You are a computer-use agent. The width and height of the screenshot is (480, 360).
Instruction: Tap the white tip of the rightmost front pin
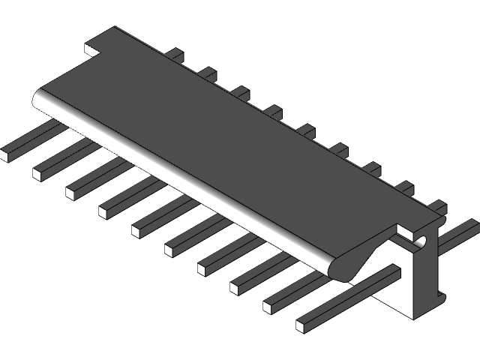pyautogui.click(x=302, y=325)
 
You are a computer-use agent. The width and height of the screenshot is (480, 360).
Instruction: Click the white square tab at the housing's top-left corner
pyautogui.click(x=92, y=50)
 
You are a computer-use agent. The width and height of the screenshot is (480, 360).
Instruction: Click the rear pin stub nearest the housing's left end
pyautogui.click(x=174, y=54)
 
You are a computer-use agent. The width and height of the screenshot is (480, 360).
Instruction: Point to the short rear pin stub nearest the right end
pyautogui.click(x=438, y=206)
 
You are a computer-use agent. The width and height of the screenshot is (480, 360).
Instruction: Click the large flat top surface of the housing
pyautogui.click(x=225, y=135)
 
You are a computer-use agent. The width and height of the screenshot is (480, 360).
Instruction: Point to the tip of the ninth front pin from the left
pyautogui.click(x=269, y=305)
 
